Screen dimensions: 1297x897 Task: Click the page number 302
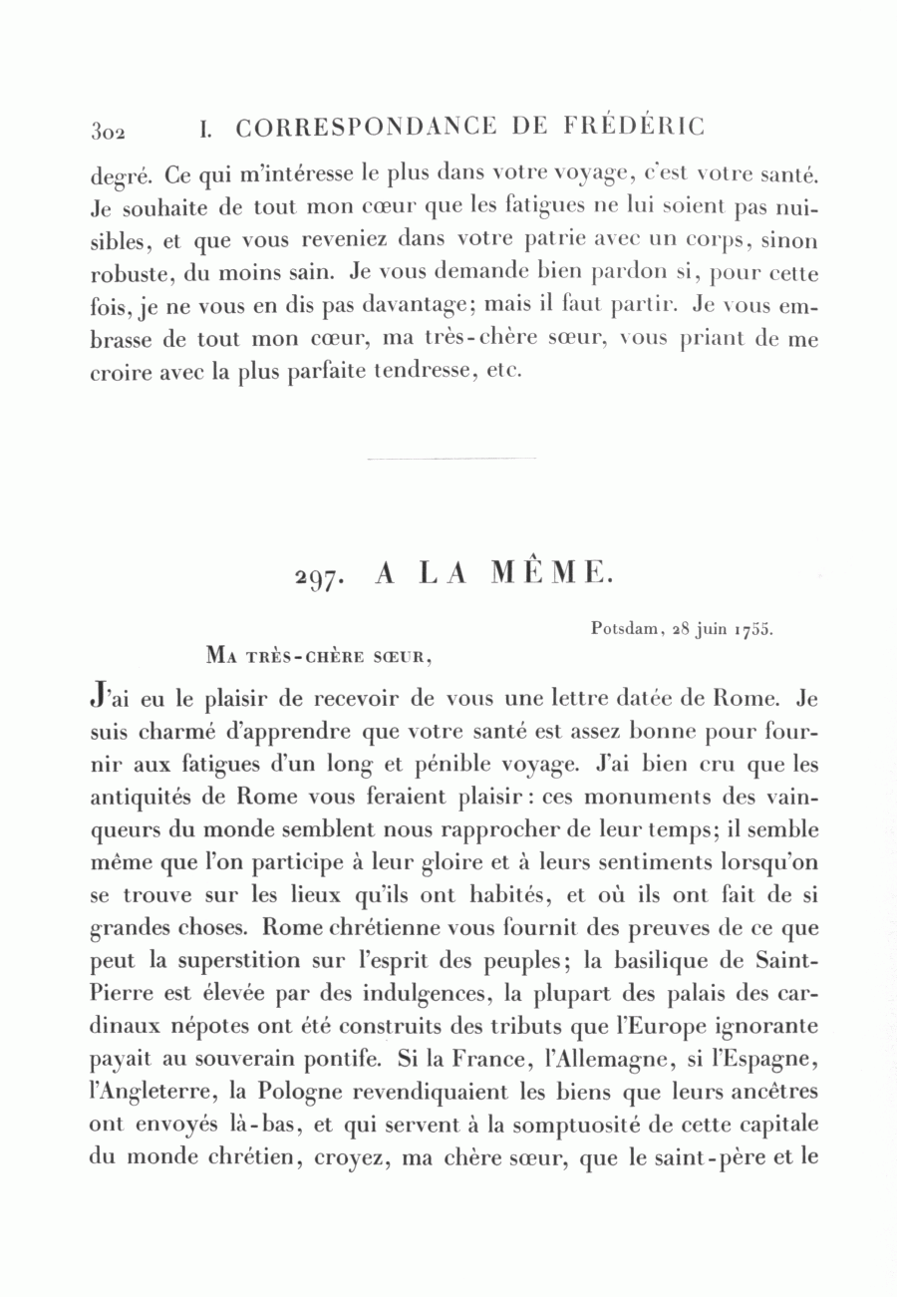click(106, 131)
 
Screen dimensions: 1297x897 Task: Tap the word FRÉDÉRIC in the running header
click(643, 127)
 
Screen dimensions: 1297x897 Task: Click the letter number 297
click(320, 575)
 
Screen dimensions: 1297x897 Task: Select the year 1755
click(754, 630)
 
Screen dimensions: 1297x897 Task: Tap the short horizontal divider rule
click(451, 459)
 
